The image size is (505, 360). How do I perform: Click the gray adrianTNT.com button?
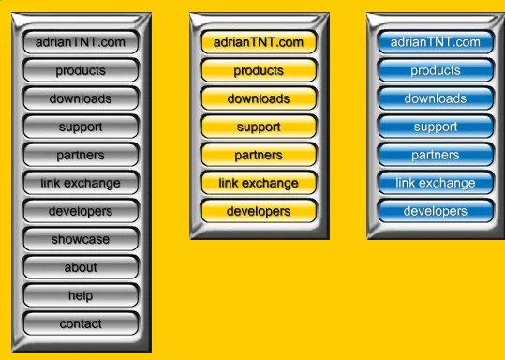(81, 42)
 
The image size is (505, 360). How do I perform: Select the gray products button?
(81, 70)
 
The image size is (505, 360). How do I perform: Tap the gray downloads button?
(81, 98)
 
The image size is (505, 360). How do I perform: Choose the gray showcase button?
(81, 239)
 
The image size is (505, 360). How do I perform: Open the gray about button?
(81, 267)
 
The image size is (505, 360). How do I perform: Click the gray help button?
(81, 295)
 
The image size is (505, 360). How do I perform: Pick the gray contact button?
(81, 323)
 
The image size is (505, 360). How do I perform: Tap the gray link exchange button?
(81, 183)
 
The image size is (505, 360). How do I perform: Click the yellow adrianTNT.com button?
(259, 42)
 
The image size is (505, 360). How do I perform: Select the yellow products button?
(259, 70)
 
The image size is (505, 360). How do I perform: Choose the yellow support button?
(259, 127)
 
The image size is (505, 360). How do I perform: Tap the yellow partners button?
(259, 155)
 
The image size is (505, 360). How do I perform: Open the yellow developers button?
(259, 211)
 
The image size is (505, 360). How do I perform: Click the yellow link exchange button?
(259, 183)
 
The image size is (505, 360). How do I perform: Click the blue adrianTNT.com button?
(436, 42)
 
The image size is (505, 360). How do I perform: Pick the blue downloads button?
(436, 98)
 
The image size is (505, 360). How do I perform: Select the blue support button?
(436, 127)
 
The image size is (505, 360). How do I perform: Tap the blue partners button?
(436, 155)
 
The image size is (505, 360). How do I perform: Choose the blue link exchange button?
(436, 183)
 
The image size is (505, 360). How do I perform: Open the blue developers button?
(436, 211)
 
